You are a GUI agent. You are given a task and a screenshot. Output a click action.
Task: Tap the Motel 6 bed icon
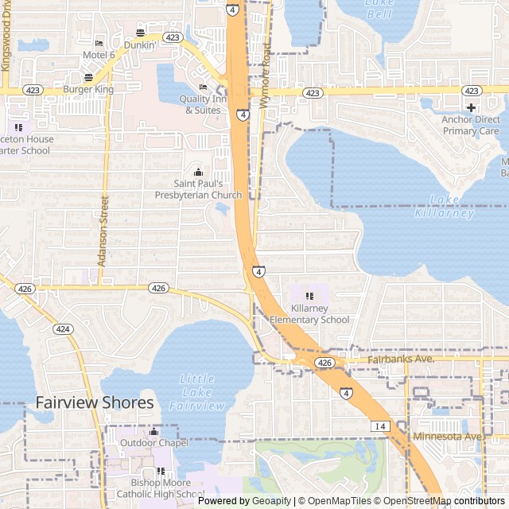tap(99, 43)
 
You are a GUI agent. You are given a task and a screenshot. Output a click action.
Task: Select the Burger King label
tap(88, 90)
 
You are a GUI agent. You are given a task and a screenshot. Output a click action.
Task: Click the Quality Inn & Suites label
tap(203, 104)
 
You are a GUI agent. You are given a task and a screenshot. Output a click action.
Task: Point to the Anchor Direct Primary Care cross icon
tap(471, 107)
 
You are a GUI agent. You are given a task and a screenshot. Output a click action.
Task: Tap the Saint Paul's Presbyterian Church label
tap(198, 189)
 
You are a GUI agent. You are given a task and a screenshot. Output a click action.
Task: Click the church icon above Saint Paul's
tap(198, 172)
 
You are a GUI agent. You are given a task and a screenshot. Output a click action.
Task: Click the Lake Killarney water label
tap(444, 207)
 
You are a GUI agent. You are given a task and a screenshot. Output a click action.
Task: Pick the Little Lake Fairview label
tap(197, 392)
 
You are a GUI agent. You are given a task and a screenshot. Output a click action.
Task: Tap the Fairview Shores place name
tap(95, 403)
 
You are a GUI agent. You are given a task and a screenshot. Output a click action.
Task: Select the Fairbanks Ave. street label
tap(400, 359)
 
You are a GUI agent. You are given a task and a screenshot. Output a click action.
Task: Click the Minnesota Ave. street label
tap(448, 437)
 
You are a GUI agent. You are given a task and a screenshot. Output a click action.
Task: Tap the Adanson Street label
tap(103, 231)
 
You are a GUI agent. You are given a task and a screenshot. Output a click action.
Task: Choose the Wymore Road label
tap(266, 76)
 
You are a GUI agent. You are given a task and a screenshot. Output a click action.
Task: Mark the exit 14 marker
tap(379, 426)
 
